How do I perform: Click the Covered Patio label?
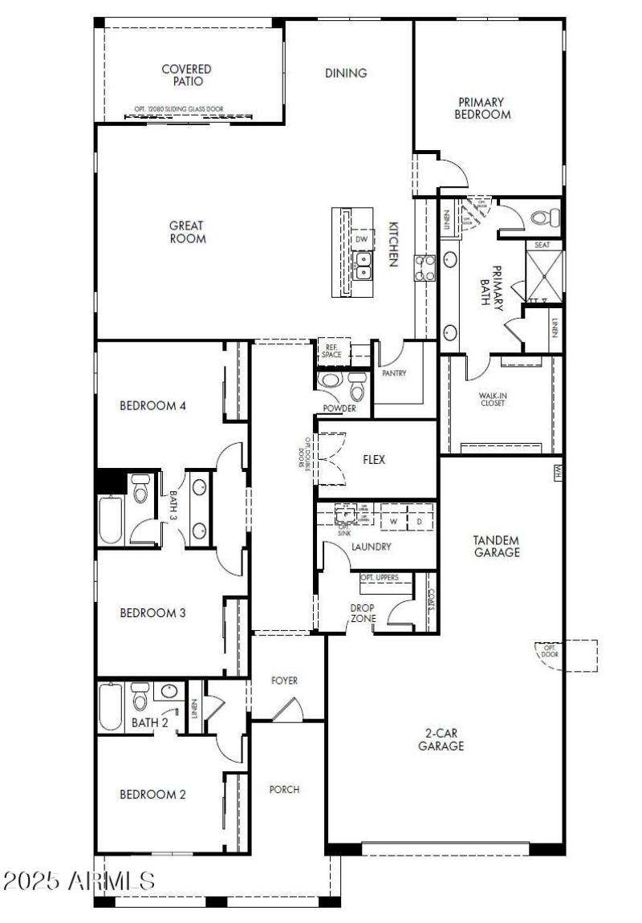pos(186,75)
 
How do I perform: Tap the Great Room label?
pos(187,232)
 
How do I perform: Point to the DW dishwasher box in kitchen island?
pos(362,238)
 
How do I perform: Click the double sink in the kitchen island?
pos(363,264)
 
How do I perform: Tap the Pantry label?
pos(394,373)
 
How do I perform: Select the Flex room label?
pos(374,460)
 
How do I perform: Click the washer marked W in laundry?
pos(394,520)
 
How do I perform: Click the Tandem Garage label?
pos(496,547)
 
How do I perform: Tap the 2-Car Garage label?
pos(441,739)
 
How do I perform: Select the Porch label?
pos(284,790)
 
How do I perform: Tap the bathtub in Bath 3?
pos(111,520)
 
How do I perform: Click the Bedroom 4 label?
pos(152,406)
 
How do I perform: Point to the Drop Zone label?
pos(363,612)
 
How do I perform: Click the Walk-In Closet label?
pos(492,398)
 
